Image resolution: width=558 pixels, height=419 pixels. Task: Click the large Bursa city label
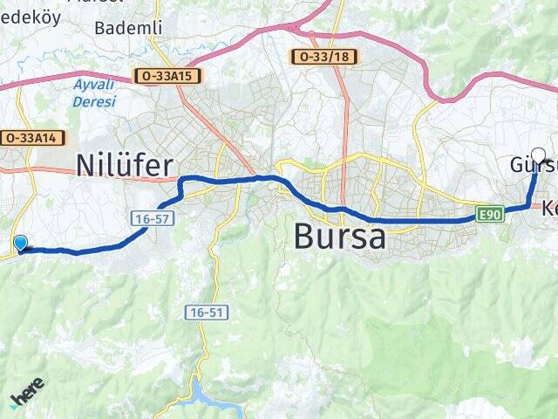coord(340,236)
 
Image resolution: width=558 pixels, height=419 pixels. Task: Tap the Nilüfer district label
coord(125,165)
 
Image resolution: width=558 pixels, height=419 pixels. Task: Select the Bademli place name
coord(128,28)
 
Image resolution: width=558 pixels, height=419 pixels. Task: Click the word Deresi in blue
coord(97,101)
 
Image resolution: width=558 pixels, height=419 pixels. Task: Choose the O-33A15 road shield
coord(168,76)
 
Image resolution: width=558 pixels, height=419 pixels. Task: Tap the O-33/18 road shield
coord(324,57)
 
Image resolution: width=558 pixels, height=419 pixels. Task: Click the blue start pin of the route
coord(21,244)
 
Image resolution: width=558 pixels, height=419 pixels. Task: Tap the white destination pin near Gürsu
coord(538,157)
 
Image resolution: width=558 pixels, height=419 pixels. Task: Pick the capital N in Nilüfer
coord(87,165)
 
